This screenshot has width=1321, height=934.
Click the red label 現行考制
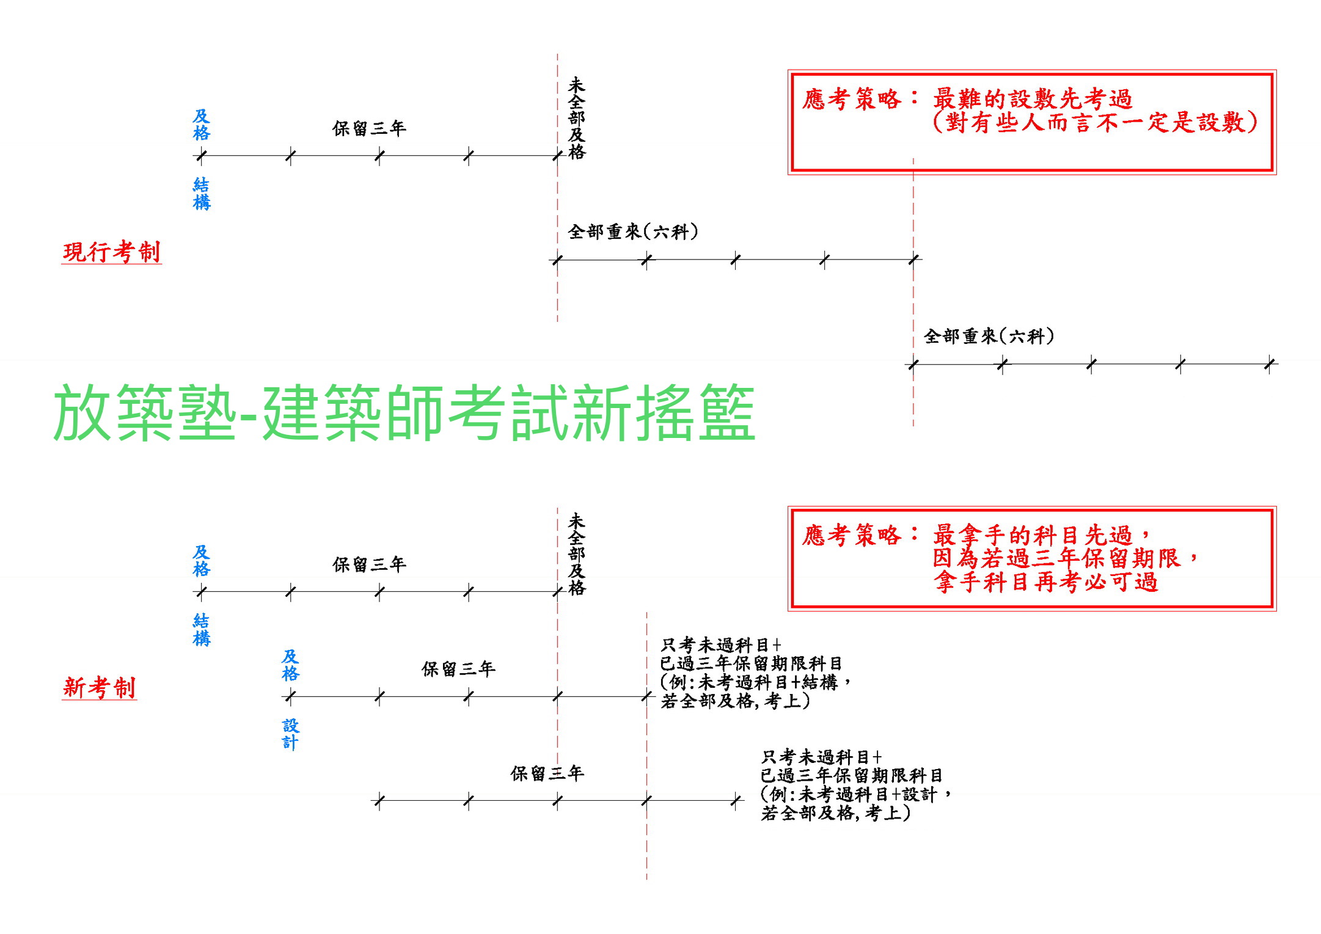click(112, 252)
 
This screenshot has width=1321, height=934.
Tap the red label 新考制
click(100, 687)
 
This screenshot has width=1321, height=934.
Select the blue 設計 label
click(290, 734)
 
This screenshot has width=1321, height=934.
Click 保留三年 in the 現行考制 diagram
click(369, 128)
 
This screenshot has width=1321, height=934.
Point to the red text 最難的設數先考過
click(1032, 98)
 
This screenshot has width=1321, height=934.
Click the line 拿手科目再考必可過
click(1045, 582)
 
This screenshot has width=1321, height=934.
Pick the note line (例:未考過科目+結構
click(755, 682)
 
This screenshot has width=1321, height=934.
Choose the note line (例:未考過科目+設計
click(855, 794)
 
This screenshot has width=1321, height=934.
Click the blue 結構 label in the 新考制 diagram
click(202, 629)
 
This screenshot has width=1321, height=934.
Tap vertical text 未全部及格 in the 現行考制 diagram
click(576, 118)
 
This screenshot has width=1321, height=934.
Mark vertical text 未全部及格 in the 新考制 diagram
click(576, 554)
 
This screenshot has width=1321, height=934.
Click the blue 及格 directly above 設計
click(290, 665)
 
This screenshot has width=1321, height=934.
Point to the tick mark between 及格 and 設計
click(290, 696)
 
